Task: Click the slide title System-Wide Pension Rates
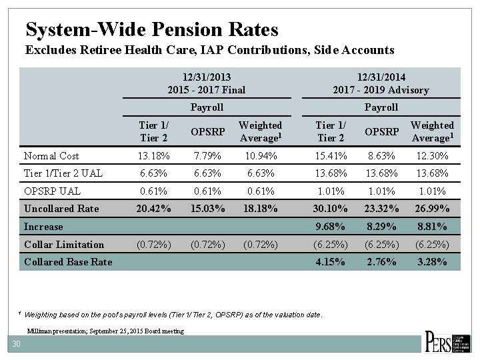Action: (x=151, y=29)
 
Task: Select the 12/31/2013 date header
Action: (x=206, y=77)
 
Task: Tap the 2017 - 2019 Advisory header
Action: (x=381, y=90)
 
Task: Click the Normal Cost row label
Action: (x=51, y=156)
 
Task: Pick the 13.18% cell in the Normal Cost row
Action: (x=153, y=156)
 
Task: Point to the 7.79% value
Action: (x=207, y=156)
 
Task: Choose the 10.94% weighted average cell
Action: (x=260, y=156)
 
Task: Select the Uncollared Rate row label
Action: (x=61, y=209)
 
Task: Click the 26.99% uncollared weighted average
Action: (x=432, y=209)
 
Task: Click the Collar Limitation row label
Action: (x=64, y=245)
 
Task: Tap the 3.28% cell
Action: (x=432, y=262)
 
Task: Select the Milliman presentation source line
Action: (x=106, y=331)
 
